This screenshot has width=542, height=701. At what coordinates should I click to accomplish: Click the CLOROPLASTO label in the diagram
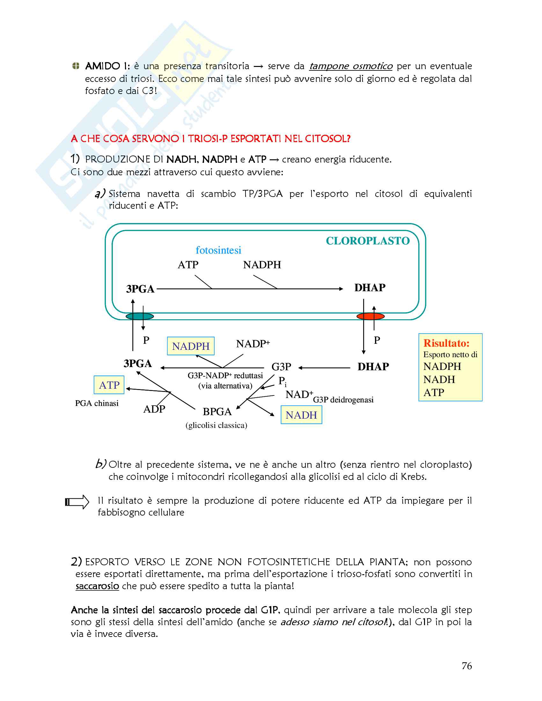tap(368, 241)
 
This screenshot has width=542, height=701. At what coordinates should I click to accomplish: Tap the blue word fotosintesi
tap(218, 250)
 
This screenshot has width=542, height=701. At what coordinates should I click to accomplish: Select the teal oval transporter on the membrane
tap(140, 316)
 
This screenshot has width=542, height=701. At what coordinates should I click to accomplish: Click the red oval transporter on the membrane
tap(370, 316)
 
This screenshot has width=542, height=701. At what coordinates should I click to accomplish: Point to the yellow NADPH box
tap(191, 346)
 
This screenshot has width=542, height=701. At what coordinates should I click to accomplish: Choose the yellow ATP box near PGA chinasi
tap(109, 385)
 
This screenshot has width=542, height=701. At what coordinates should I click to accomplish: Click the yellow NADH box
tap(301, 415)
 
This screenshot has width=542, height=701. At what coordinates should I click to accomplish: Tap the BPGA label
tap(217, 411)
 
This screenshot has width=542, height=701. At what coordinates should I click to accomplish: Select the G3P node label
tap(281, 366)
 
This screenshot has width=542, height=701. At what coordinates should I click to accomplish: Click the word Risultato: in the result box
tap(446, 343)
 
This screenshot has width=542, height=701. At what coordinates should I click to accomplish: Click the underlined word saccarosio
tap(97, 586)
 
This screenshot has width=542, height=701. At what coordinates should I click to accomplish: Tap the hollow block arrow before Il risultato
tap(77, 502)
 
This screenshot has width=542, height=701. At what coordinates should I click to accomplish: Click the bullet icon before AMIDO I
tap(76, 66)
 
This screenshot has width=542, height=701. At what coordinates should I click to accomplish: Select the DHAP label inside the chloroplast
tap(370, 288)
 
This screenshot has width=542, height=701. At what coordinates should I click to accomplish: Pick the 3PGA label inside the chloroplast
tap(140, 289)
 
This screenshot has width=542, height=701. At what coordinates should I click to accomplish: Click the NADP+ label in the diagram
tap(253, 344)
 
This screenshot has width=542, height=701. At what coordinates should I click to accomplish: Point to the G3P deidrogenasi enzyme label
tap(343, 400)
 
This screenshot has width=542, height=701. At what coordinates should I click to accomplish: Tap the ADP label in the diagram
tap(154, 409)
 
